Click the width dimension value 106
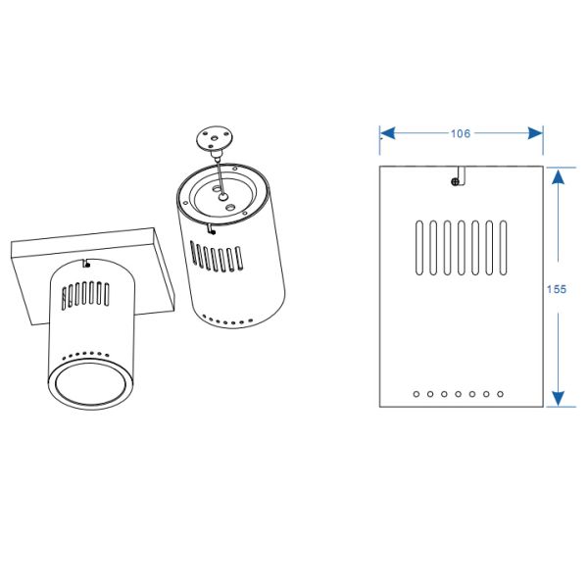click(x=462, y=133)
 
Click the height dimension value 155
click(x=558, y=289)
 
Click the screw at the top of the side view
click(x=454, y=180)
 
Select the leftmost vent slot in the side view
click(x=419, y=249)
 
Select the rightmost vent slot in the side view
click(x=503, y=249)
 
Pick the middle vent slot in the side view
click(x=461, y=249)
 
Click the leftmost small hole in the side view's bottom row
click(x=417, y=394)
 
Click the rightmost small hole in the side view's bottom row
click(x=501, y=394)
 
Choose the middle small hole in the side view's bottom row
click(x=459, y=394)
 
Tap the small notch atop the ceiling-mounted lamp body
click(x=87, y=262)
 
